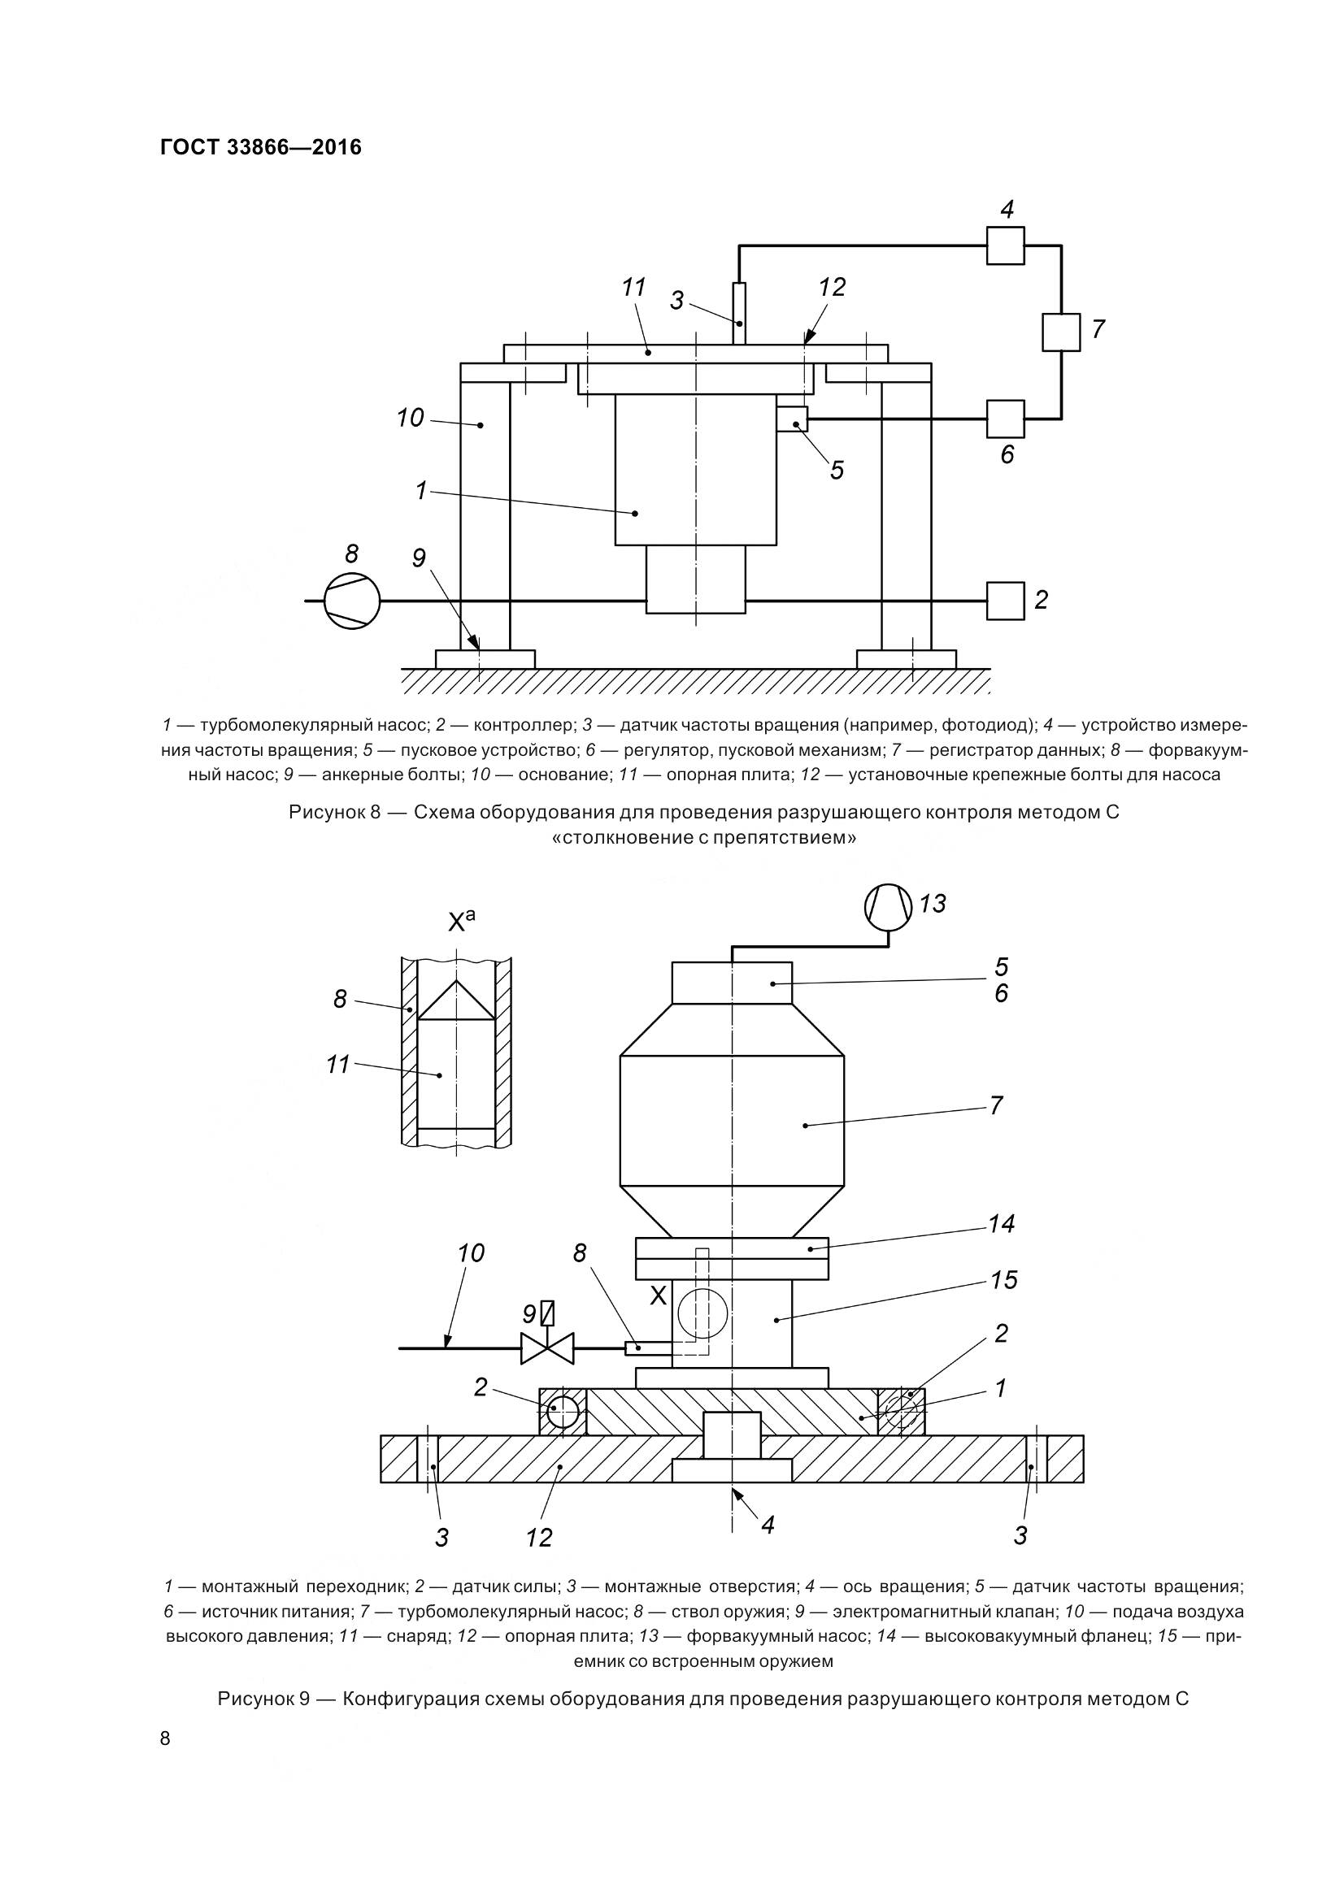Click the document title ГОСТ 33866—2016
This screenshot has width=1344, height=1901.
261,147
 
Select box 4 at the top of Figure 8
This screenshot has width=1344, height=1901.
1005,246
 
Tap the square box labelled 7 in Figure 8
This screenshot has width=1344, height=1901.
1061,332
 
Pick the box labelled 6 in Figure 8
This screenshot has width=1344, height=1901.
1005,419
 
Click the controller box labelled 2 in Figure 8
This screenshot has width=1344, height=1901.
1005,601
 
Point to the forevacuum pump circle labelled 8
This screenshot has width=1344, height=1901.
351,601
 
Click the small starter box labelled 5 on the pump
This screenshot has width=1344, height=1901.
793,419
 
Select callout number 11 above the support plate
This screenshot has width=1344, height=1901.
633,289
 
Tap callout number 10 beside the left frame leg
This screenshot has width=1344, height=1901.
410,418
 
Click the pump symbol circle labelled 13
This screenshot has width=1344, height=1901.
888,907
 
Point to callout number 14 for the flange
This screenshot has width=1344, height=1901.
1001,1224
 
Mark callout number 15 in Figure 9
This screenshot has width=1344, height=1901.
1003,1280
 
